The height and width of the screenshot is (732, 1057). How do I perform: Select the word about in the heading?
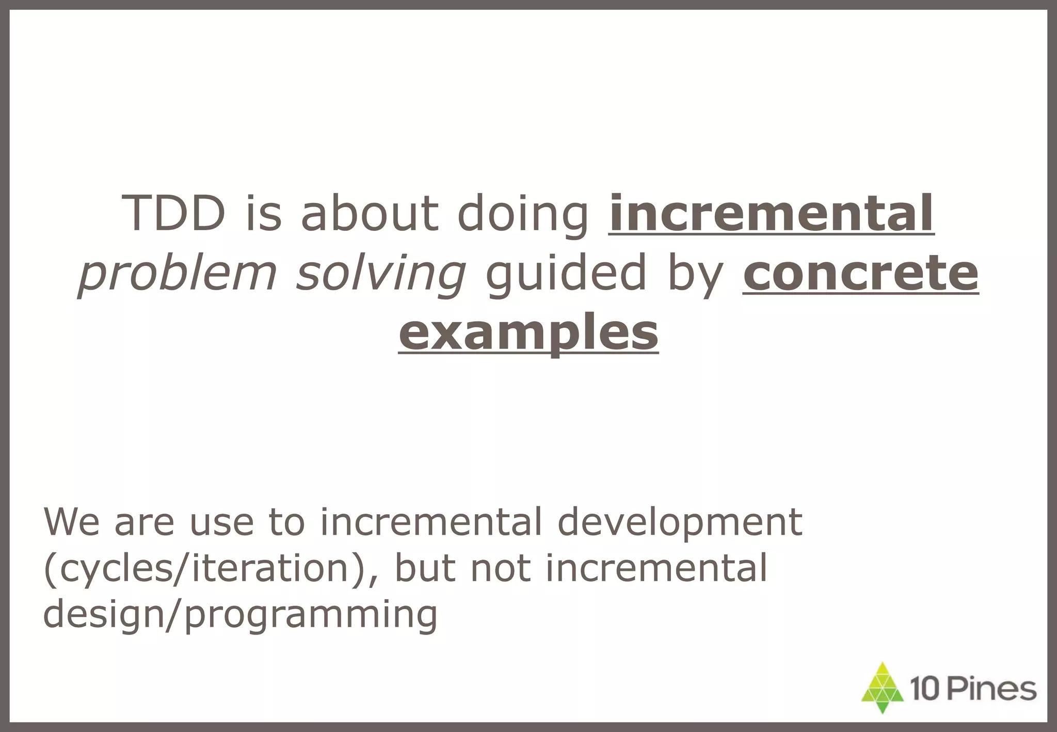coord(369,213)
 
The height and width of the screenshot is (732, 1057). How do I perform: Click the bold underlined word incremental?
coord(771,213)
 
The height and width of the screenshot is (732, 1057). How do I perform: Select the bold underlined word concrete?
coord(860,273)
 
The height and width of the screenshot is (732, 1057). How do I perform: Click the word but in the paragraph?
coord(425,568)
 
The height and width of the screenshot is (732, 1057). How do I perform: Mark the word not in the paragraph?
coord(501,568)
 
